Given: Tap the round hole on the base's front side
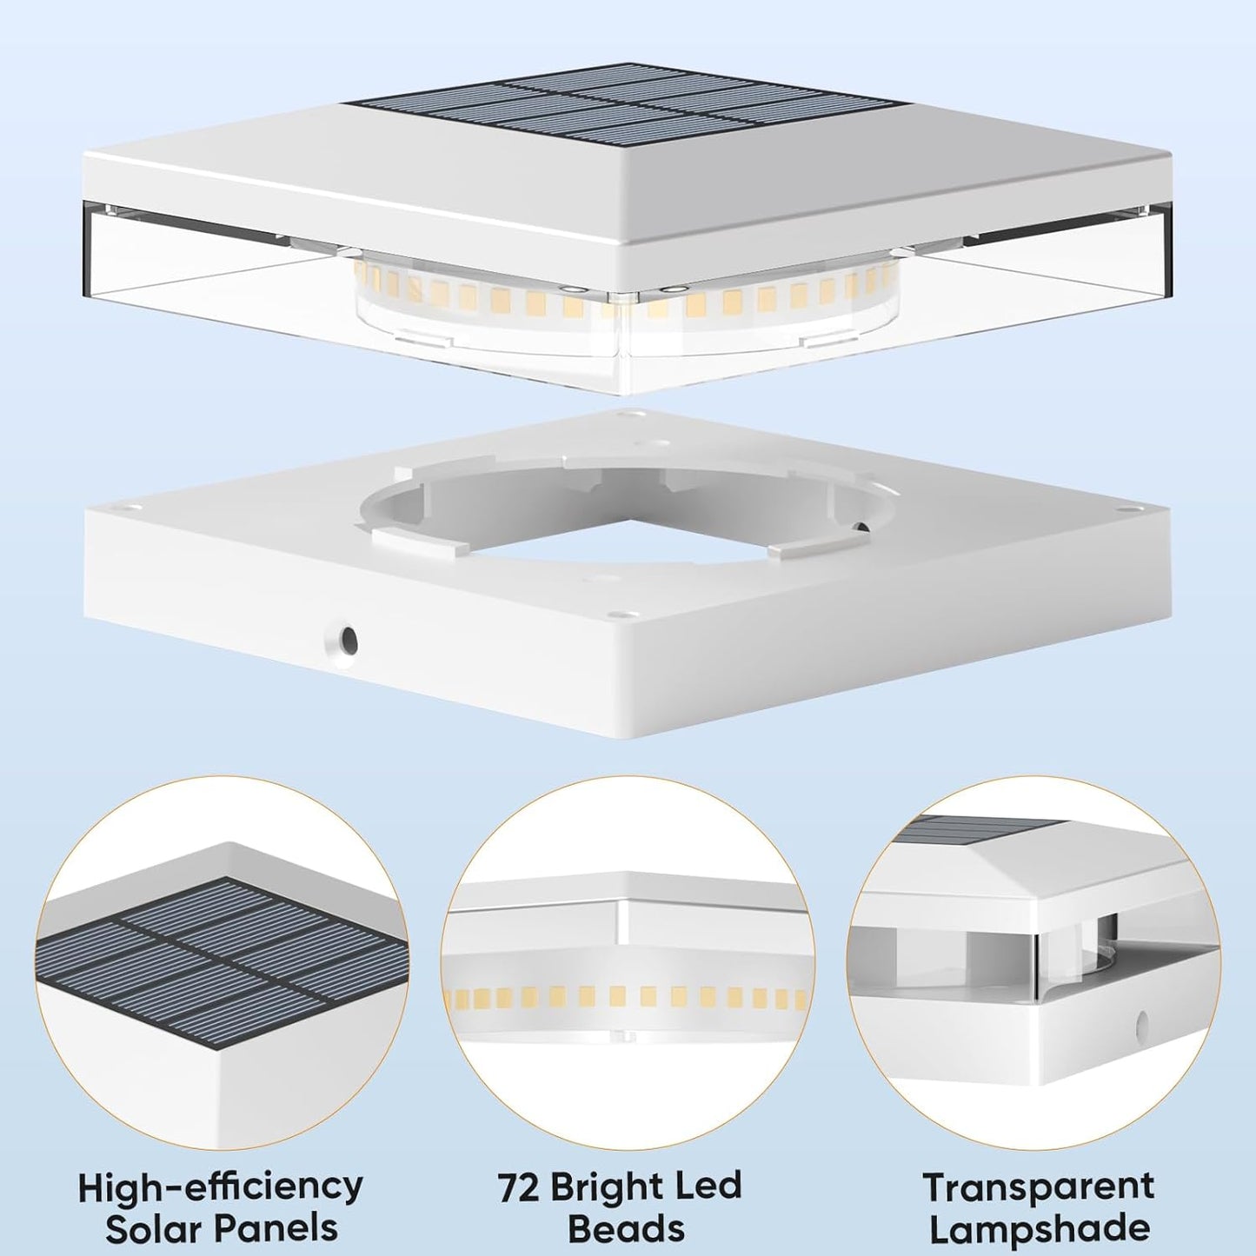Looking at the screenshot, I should pos(346,640).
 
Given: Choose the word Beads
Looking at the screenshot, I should pos(626,1229).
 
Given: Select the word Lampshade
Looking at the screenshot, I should pos(1040,1229).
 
